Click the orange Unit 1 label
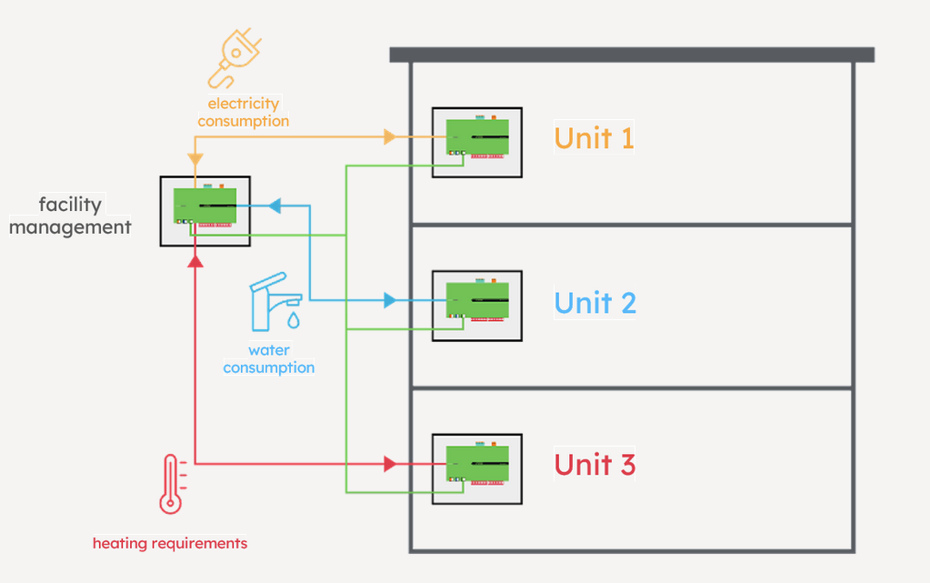point(594,138)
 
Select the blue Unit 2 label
point(595,302)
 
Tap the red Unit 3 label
point(595,465)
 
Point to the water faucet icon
point(272,301)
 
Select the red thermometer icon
point(169,486)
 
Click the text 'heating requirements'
point(170,544)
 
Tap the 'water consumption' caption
point(268,359)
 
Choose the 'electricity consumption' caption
point(243,112)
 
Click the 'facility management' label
point(70,216)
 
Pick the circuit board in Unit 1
point(476,139)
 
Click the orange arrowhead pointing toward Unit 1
point(390,137)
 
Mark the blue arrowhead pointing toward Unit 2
point(390,300)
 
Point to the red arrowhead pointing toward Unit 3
point(390,464)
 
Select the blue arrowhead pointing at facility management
point(275,206)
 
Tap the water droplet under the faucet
point(293,320)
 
